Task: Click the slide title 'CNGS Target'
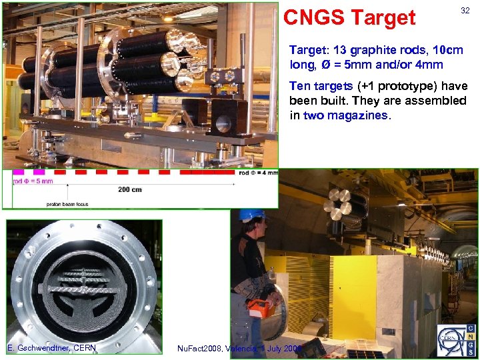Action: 349,18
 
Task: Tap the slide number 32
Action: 465,10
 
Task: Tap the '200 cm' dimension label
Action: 130,189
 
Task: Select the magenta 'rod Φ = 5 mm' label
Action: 33,181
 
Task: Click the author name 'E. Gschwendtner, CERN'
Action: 51,347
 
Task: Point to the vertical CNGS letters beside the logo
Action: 470,340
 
